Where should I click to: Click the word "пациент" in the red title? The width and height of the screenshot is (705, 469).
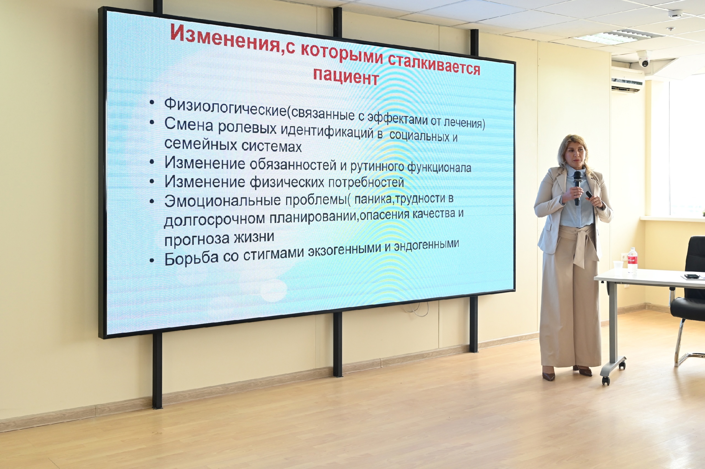pos(346,76)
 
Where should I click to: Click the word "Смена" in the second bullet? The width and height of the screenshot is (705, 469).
pos(189,125)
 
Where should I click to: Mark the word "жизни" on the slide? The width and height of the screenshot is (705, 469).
pos(254,237)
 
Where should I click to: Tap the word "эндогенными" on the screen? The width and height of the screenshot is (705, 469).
pos(426,246)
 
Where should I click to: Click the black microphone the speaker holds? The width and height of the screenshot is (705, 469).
pos(577,187)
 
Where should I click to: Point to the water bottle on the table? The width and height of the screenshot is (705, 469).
pos(632,260)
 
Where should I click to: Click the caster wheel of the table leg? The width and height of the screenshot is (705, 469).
pos(606,380)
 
